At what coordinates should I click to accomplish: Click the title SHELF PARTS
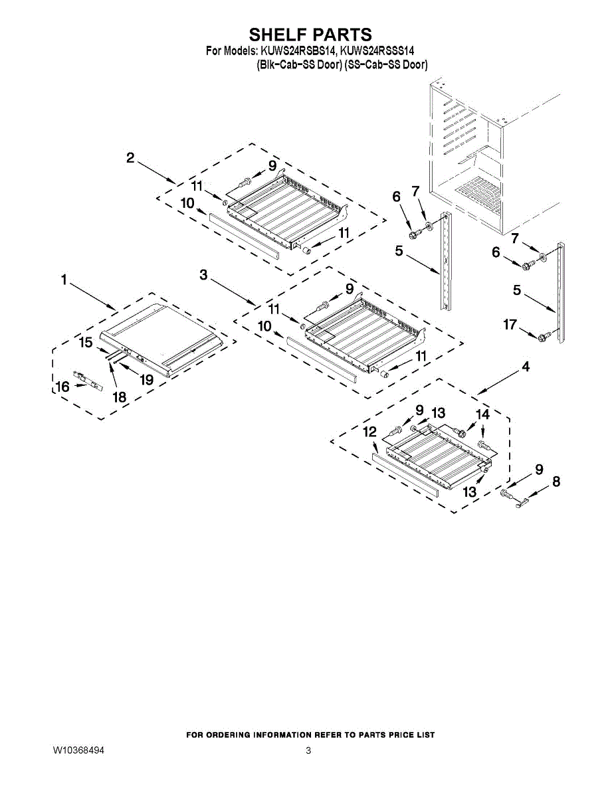click(x=310, y=35)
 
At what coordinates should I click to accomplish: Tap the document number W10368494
click(x=79, y=751)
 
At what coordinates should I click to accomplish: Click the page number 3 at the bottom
click(x=308, y=751)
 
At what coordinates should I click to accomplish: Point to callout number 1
click(x=64, y=281)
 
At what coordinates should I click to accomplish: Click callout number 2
click(x=130, y=157)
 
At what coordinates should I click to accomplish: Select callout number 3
click(x=204, y=274)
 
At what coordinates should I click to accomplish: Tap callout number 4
click(x=526, y=366)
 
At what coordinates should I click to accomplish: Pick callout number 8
click(x=556, y=483)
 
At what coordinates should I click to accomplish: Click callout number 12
click(x=369, y=432)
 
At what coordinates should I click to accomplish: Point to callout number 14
click(x=482, y=414)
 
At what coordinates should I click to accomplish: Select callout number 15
click(x=86, y=343)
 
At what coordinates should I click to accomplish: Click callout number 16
click(x=62, y=386)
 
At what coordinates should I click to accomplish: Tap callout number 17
click(x=510, y=325)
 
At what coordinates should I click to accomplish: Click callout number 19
click(x=146, y=380)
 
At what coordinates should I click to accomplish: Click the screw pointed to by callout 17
click(x=543, y=337)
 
